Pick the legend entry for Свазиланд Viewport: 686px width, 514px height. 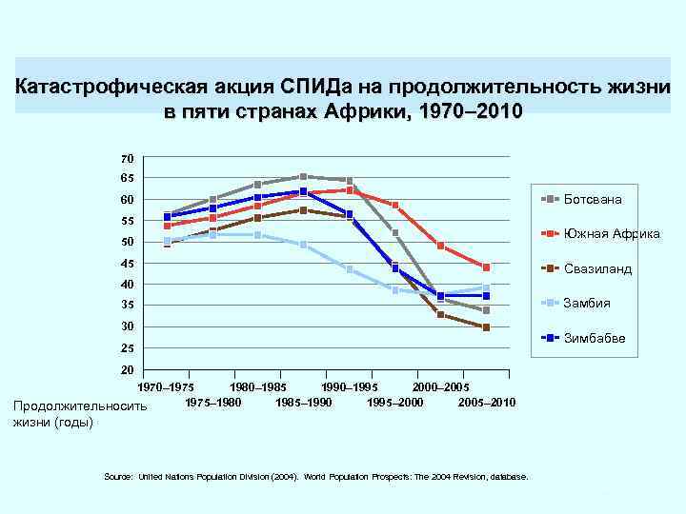(597, 269)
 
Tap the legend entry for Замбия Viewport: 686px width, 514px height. (587, 304)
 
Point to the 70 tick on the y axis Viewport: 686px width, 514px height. (128, 157)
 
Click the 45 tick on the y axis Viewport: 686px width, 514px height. (128, 263)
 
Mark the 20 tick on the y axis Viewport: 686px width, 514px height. (128, 369)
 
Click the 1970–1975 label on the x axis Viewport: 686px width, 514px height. (168, 387)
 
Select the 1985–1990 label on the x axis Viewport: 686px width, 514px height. (303, 403)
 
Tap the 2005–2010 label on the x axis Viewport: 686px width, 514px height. (486, 403)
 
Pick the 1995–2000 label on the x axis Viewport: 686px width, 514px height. (394, 403)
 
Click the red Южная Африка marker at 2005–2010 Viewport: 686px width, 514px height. (486, 267)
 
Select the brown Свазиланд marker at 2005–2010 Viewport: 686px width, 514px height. (486, 327)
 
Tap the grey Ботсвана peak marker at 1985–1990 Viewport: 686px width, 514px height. (303, 176)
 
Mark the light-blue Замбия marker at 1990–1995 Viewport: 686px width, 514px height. (350, 269)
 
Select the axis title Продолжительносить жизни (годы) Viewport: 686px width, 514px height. (81, 414)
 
